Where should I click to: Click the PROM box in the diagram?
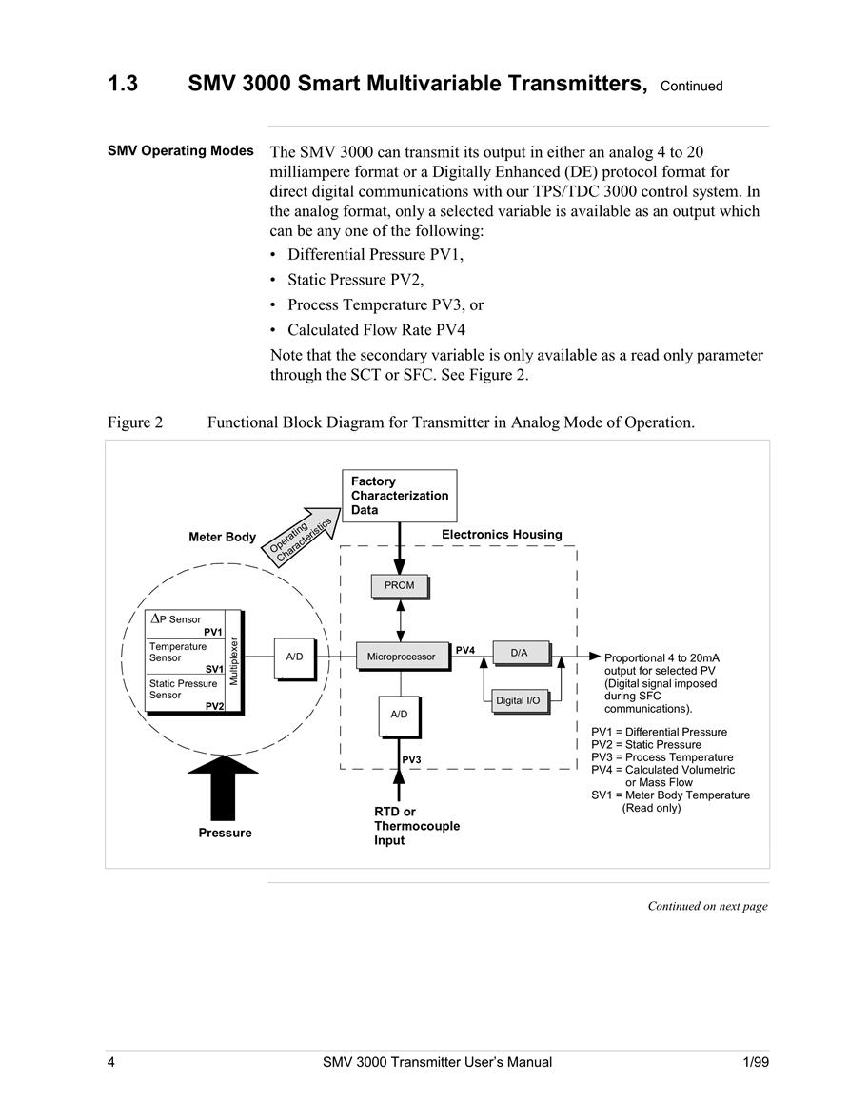tap(400, 586)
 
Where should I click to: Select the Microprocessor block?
tap(403, 657)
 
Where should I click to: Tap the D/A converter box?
tap(521, 654)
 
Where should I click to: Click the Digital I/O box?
tap(520, 701)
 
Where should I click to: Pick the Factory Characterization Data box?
tap(400, 496)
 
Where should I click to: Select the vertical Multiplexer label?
tap(234, 661)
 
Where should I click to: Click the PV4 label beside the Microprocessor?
tap(464, 650)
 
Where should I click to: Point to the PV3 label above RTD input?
tap(411, 759)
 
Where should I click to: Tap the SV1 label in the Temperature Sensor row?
tap(214, 669)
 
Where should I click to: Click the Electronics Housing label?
tap(502, 534)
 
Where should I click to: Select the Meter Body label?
tap(222, 537)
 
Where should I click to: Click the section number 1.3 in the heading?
tap(123, 84)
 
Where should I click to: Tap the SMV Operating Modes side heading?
tap(180, 150)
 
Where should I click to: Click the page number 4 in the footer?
tap(110, 1062)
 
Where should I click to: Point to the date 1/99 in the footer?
tap(756, 1062)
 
